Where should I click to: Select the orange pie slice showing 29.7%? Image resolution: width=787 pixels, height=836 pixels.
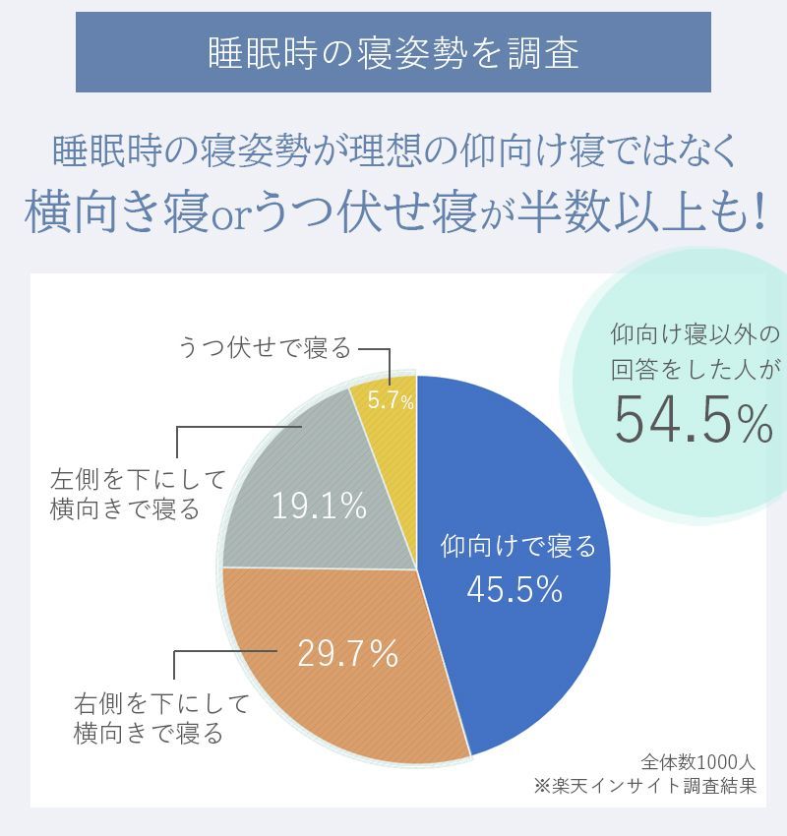325,688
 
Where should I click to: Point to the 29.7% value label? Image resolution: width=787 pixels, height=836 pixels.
347,653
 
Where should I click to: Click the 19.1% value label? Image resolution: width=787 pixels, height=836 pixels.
319,507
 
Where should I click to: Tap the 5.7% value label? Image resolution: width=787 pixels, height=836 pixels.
391,400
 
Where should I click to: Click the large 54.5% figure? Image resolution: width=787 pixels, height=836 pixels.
694,420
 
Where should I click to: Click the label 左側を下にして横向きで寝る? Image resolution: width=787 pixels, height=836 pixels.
138,495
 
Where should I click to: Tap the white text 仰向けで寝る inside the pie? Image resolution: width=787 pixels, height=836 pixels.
518,546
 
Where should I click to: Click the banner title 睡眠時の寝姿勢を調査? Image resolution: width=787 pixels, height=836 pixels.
393,53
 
